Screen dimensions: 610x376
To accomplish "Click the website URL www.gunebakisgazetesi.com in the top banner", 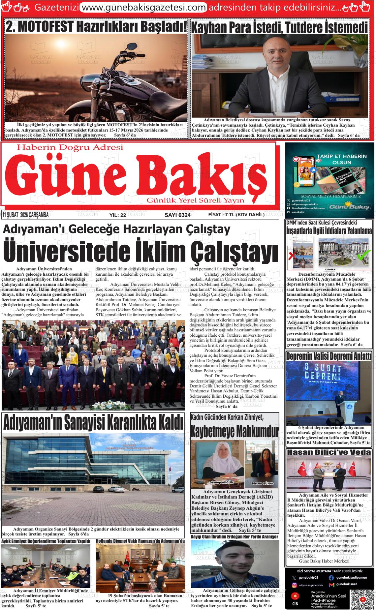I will [x=143, y=7].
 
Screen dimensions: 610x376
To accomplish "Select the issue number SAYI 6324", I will [x=177, y=215].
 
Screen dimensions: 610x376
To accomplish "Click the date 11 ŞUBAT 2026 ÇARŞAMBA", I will [x=25, y=215].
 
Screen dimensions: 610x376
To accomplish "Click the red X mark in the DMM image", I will [x=292, y=256].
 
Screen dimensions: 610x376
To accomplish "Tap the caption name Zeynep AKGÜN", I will [x=221, y=482].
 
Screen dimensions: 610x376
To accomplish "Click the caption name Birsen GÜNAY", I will [x=263, y=483].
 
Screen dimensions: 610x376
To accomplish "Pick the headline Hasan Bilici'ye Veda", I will [x=329, y=452].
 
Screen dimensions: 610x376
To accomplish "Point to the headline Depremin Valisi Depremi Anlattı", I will [x=329, y=356].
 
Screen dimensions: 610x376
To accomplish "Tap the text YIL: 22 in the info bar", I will [x=117, y=215].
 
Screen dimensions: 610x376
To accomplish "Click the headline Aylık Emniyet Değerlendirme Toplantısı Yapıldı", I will [x=46, y=541].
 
